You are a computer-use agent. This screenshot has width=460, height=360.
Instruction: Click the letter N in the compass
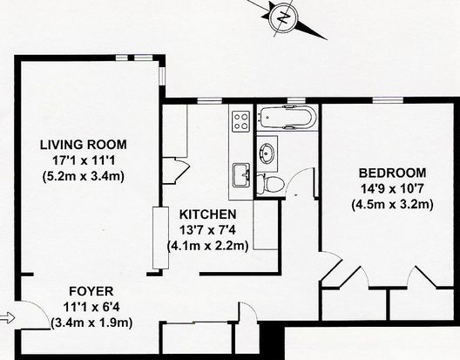coord(283,17)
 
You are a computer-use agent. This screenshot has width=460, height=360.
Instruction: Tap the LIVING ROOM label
coord(84,145)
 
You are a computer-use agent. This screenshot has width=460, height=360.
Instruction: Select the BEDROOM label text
coord(393,173)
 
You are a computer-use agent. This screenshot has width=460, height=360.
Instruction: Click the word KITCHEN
coord(207,214)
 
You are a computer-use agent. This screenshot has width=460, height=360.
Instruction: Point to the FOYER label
coord(91,292)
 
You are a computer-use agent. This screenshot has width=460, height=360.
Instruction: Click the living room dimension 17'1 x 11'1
coord(84,160)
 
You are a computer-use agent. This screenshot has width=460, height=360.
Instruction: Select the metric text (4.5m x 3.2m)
coord(393,204)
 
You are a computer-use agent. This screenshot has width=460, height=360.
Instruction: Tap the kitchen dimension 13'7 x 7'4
coord(207,230)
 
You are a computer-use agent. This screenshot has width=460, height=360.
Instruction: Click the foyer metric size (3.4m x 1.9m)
coord(91,323)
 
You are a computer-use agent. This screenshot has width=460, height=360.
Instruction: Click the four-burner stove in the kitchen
coord(240,121)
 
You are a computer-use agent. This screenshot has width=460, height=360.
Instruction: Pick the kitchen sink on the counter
coord(241,175)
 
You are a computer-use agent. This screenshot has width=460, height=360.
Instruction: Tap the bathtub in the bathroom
coord(287,117)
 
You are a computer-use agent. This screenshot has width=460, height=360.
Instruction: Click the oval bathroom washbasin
coord(267,151)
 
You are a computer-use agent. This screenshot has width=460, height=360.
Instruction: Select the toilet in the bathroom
coord(270,184)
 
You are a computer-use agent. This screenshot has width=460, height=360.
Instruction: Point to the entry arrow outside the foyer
coord(7,317)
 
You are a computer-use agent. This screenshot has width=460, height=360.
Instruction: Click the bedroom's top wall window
coord(388,100)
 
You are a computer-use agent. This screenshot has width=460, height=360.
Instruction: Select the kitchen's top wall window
coord(209,101)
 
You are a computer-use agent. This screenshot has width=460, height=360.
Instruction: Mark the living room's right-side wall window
coord(162,77)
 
